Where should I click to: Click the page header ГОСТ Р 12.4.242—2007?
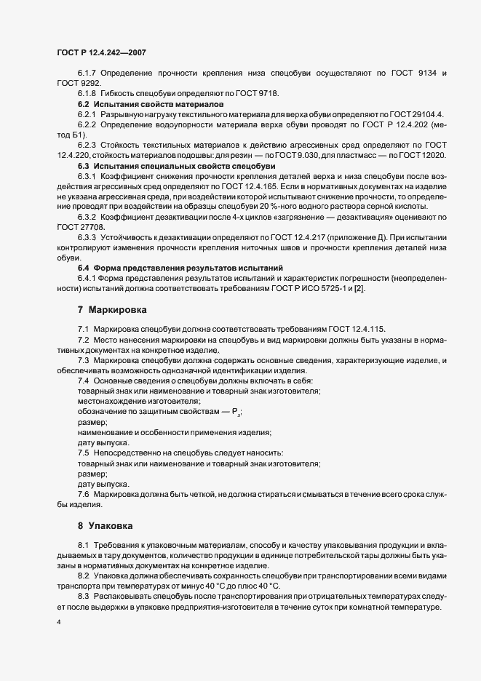(x=103, y=52)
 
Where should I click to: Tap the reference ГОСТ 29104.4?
(x=420, y=115)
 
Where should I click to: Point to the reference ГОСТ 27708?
(x=76, y=227)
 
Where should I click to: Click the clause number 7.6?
(x=84, y=494)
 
